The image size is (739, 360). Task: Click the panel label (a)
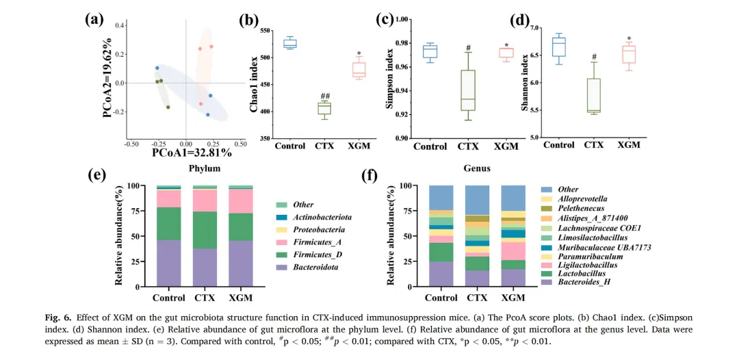pos(94,18)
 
